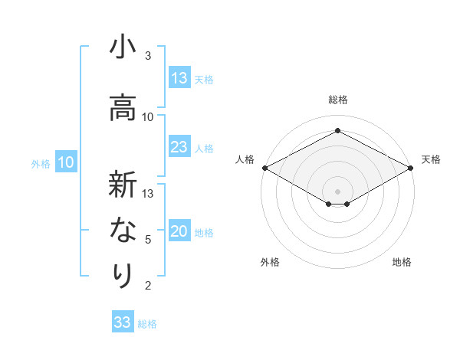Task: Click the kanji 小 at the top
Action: click(x=122, y=48)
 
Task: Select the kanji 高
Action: click(x=122, y=107)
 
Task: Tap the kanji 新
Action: click(x=122, y=185)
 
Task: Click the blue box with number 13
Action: click(x=179, y=78)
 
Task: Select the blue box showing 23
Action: click(x=179, y=147)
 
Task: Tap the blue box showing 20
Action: click(x=179, y=232)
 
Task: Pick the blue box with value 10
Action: click(x=66, y=162)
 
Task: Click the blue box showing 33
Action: click(x=123, y=322)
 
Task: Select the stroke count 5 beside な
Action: click(x=148, y=240)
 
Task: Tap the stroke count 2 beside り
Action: click(x=148, y=286)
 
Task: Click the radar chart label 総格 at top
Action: click(x=337, y=100)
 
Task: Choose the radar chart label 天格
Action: click(x=431, y=159)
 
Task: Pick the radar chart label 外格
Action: click(x=270, y=262)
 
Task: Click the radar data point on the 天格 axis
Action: click(x=412, y=168)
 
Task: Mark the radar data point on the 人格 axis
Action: click(x=264, y=168)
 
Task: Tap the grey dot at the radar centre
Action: click(x=337, y=191)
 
